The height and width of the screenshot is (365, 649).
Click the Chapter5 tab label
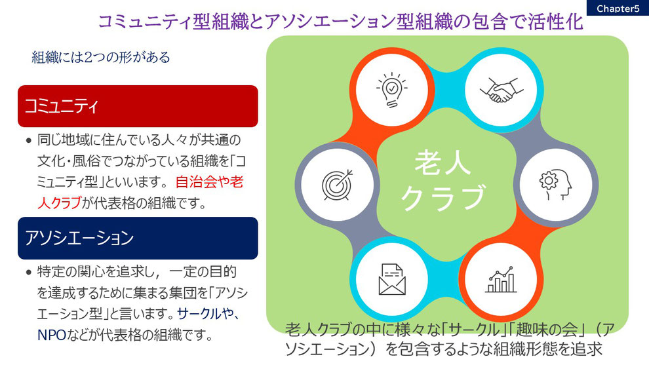[x=618, y=9]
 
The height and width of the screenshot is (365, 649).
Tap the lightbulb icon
[x=391, y=90]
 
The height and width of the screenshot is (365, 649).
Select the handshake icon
[x=501, y=90]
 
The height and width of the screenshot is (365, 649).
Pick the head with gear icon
[x=555, y=185]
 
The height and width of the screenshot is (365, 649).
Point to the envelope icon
[x=391, y=279]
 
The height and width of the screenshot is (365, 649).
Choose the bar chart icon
[x=501, y=279]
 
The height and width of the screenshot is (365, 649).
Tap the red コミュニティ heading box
[x=138, y=106]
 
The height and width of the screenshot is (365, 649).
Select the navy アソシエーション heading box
[x=138, y=238]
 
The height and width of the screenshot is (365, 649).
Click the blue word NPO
[x=52, y=335]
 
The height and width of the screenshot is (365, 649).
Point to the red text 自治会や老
[x=209, y=182]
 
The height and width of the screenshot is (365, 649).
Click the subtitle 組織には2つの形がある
[x=101, y=57]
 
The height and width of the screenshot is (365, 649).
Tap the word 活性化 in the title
[x=555, y=22]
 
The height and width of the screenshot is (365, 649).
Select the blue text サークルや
[x=206, y=314]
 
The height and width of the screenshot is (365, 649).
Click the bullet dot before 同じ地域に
[x=29, y=141]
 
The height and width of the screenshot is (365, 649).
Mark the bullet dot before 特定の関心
[x=29, y=273]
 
